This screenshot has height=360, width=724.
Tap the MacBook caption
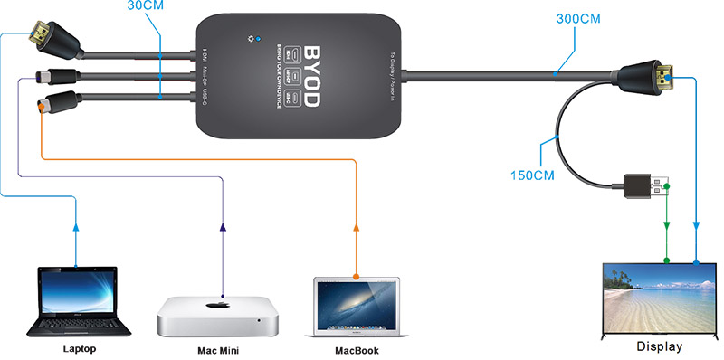click(356, 350)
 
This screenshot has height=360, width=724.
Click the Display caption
click(662, 346)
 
